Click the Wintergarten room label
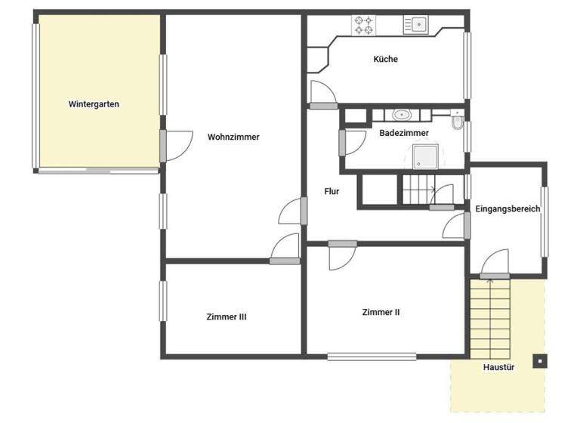tap(94, 104)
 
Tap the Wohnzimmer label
tap(233, 137)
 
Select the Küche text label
tap(385, 59)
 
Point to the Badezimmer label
tap(404, 133)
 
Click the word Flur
tap(332, 192)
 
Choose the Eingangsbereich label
tap(507, 209)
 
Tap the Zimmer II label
tap(381, 311)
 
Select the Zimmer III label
tap(227, 317)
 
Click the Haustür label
tap(498, 368)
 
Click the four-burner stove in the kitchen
tap(363, 25)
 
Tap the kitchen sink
tap(416, 25)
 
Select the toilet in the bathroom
tap(457, 122)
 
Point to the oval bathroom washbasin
tap(401, 116)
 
